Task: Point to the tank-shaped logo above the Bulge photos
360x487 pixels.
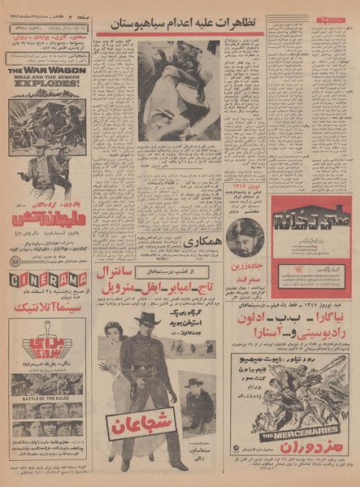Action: (46, 341)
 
